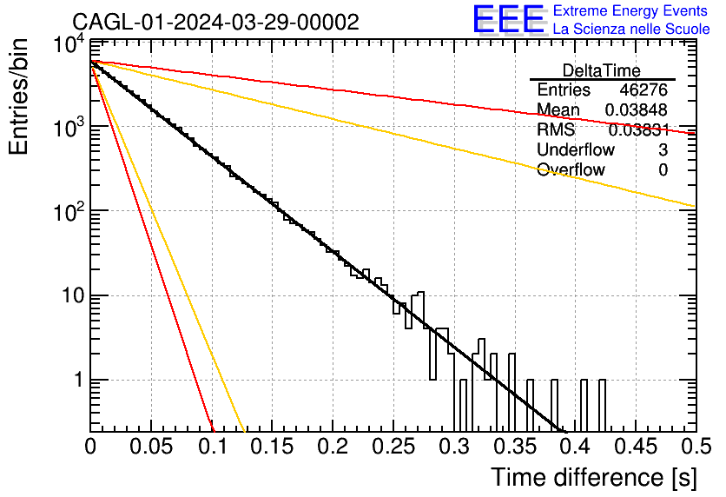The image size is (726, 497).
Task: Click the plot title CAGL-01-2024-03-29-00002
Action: click(215, 22)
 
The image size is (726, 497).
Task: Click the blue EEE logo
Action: click(509, 19)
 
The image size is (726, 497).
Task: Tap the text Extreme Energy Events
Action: click(630, 10)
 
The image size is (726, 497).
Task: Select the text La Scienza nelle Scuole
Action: click(631, 29)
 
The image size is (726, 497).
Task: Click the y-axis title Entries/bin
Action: click(18, 96)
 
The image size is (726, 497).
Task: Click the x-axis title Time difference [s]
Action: click(594, 477)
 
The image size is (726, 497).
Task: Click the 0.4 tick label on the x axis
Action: click(575, 447)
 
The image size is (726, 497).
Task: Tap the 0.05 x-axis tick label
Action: click(151, 447)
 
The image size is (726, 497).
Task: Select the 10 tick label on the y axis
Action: click(74, 295)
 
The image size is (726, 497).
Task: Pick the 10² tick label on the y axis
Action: click(70, 211)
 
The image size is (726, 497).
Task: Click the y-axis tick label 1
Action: click(79, 380)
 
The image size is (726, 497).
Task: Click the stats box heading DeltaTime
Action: click(602, 70)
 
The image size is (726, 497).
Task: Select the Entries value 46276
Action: click(643, 89)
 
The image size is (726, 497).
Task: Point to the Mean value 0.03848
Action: click(637, 109)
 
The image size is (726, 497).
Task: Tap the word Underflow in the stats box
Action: click(576, 149)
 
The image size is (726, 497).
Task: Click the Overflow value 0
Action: click(663, 169)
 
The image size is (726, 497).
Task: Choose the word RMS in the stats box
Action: click(556, 129)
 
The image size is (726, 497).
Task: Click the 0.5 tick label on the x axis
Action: click(696, 447)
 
